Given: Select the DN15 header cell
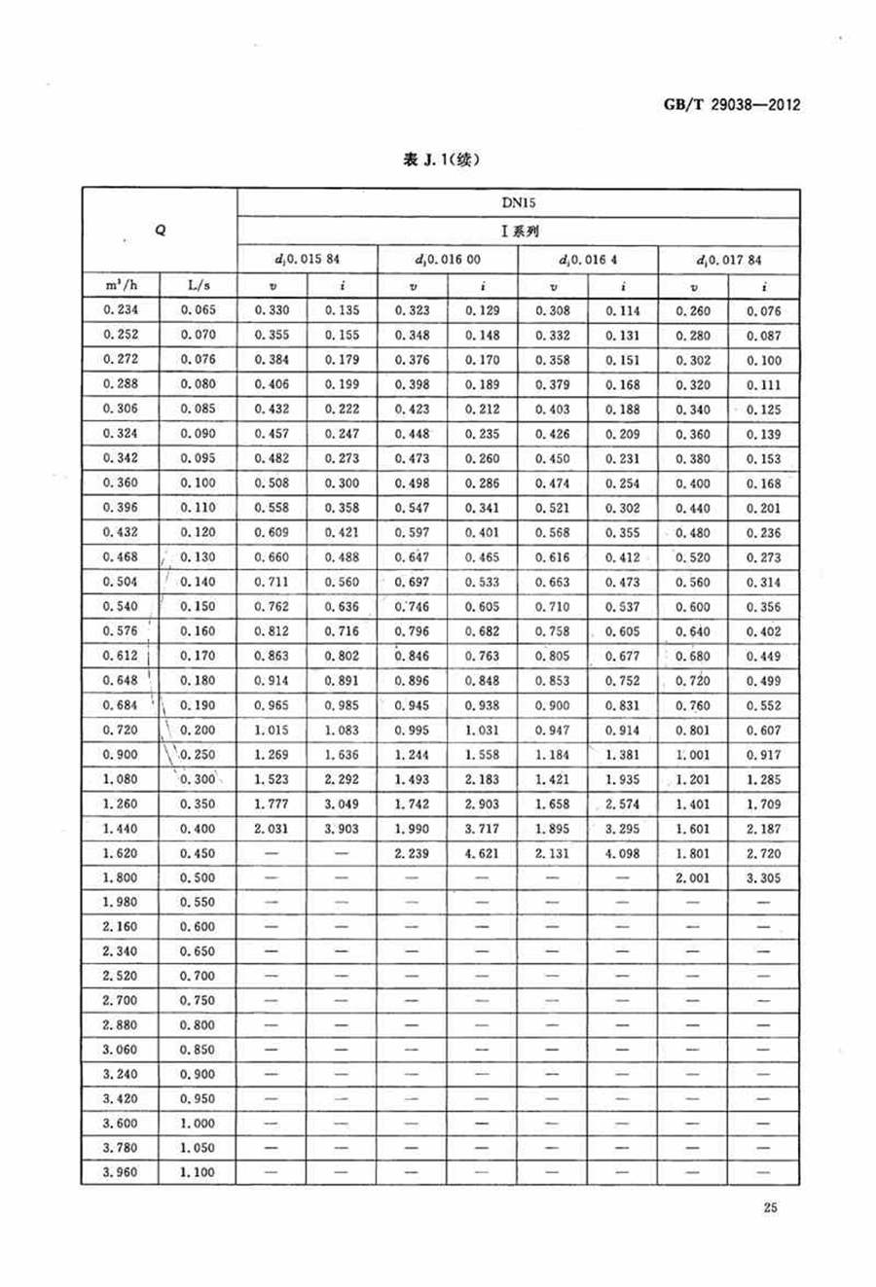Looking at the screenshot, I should coord(520,203).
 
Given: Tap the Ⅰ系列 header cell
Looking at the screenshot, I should coord(520,232).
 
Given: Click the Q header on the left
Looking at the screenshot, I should coord(160,231).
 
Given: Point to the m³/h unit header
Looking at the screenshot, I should coord(121,286).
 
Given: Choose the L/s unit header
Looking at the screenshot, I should coord(198,286).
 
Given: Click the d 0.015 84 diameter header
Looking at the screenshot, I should coord(307,260).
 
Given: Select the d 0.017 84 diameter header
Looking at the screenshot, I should coord(729,260).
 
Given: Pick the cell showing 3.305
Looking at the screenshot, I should coord(764,877).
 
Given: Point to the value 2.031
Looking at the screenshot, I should coord(272,829).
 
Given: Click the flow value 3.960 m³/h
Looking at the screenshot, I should coord(121,1172).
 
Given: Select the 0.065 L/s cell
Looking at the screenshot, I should coord(198,310).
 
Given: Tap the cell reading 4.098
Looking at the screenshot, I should coord(623,853).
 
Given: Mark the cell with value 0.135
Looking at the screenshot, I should coord(342,310).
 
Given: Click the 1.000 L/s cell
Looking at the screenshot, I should coord(198,1124).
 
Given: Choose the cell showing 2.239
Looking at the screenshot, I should coord(412,853).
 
